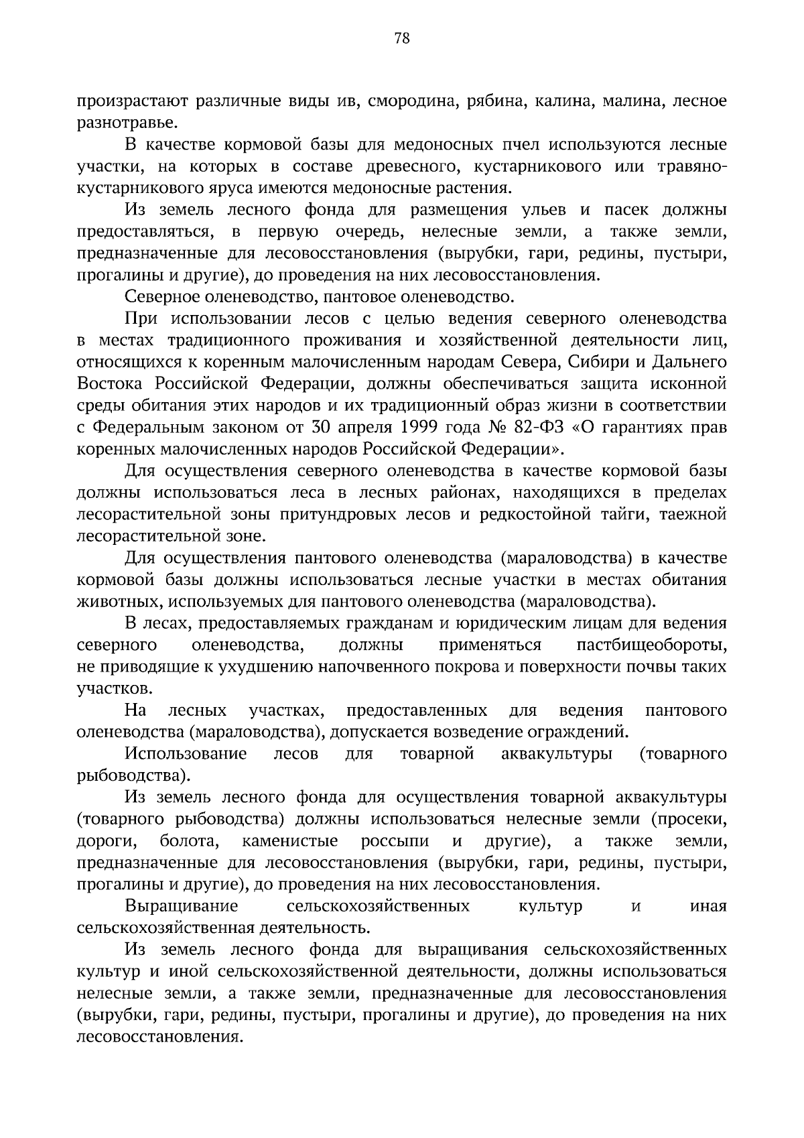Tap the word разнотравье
point(119,123)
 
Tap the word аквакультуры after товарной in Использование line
point(556,754)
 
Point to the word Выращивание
point(182,906)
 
